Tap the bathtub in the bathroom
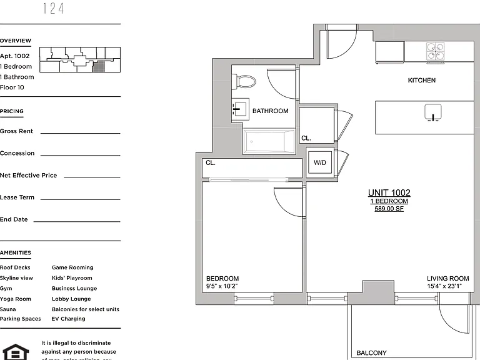tap(269, 142)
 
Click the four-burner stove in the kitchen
tap(435, 51)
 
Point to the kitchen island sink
tap(433, 112)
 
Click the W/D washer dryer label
tap(320, 162)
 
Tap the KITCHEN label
tap(421, 80)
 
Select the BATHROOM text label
tap(270, 111)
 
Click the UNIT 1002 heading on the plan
tap(389, 192)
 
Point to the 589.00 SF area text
tap(389, 209)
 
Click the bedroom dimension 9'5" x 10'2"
tap(222, 286)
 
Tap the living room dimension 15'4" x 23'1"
tap(444, 286)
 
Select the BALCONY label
tap(371, 353)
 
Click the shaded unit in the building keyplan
tap(98, 66)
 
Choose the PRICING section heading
tap(12, 111)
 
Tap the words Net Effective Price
tap(29, 176)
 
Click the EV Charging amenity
tap(68, 319)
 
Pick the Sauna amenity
tap(8, 309)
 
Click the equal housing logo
tap(15, 352)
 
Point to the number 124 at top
tap(54, 9)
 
